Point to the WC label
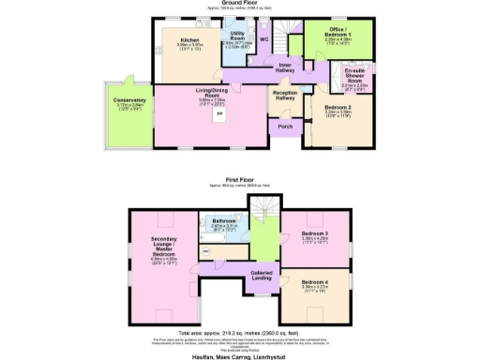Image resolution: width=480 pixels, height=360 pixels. [264, 39]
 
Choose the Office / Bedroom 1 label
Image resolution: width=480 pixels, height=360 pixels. [335, 36]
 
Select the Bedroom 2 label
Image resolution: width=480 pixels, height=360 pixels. [335, 109]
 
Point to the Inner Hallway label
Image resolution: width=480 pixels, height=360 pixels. [286, 67]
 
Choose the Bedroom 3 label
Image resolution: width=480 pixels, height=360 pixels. [316, 234]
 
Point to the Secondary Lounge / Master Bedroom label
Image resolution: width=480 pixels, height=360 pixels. [163, 252]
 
